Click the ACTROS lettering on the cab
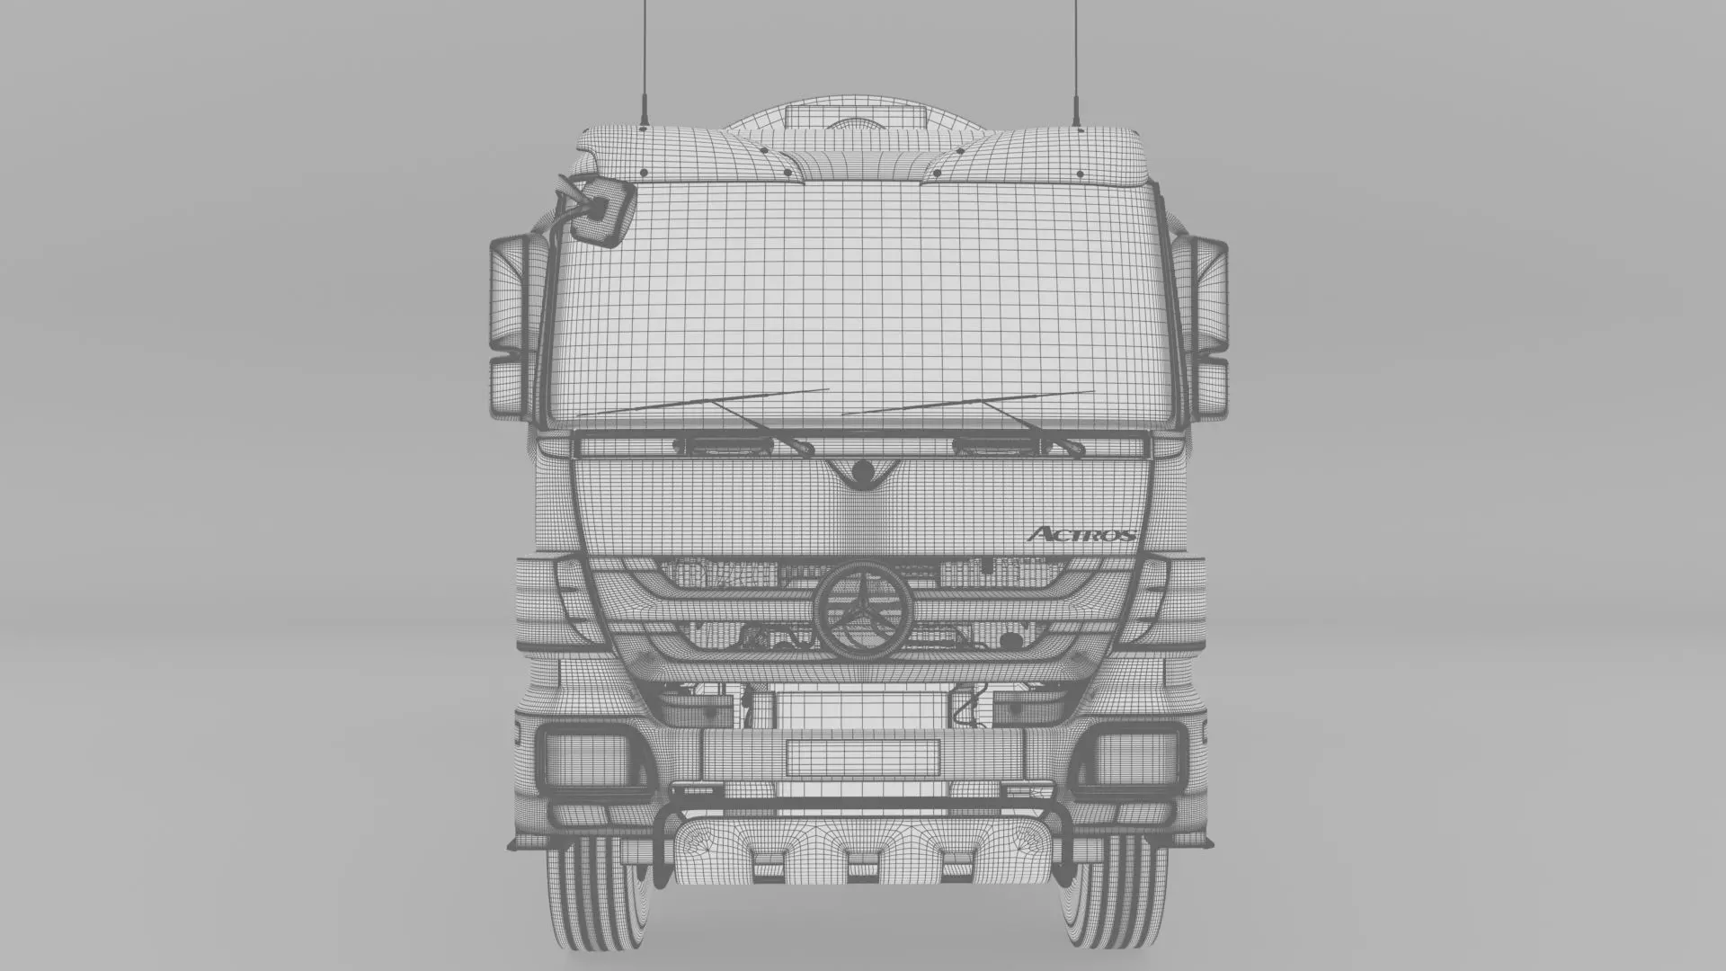[1081, 534]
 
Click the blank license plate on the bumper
[862, 757]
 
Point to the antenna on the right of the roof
[1075, 63]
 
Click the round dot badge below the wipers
[862, 470]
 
